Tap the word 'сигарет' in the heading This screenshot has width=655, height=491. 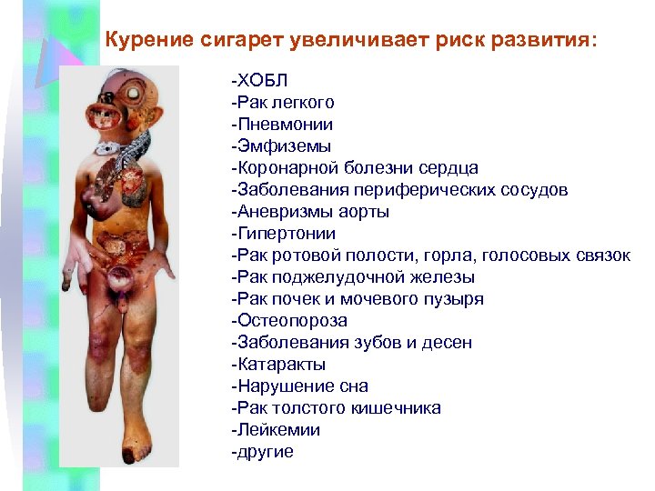click(237, 41)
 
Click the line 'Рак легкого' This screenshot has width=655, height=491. click(284, 103)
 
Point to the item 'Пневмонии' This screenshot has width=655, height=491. click(282, 125)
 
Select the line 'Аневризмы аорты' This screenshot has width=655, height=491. click(310, 212)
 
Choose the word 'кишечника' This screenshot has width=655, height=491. click(400, 408)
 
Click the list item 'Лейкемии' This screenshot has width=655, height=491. click(277, 430)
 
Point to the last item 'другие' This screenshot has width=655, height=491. click(263, 452)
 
